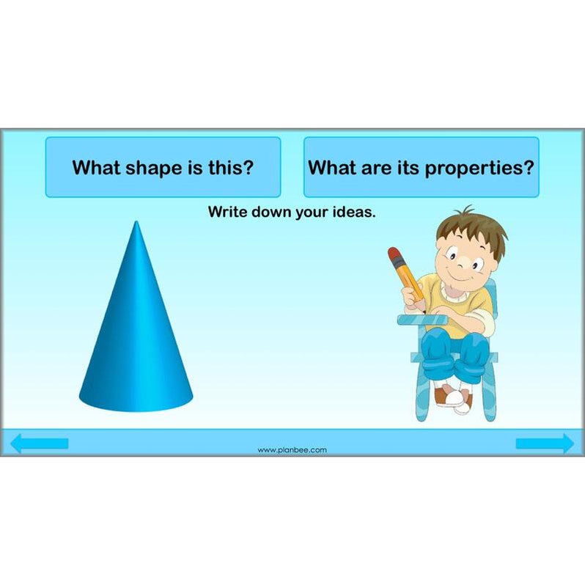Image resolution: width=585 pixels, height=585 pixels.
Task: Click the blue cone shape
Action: point(136,337)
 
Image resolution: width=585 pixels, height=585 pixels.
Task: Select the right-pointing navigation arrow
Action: point(545,444)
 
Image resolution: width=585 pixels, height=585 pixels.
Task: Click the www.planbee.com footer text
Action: point(292,450)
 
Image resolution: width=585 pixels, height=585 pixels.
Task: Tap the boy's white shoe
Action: point(456,398)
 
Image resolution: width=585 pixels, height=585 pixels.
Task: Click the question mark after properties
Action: point(528,167)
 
